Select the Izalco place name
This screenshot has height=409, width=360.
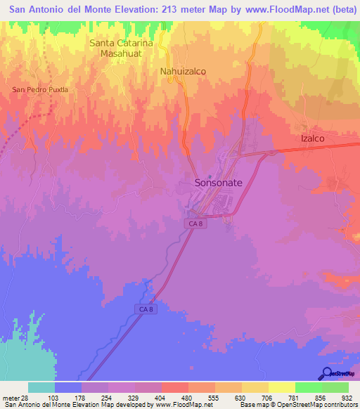tap(311, 138)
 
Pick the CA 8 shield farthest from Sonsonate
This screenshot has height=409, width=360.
tap(144, 309)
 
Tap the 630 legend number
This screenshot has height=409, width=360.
tap(241, 398)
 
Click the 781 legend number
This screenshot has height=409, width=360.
tap(295, 398)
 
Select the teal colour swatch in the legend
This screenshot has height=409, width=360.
tap(41, 387)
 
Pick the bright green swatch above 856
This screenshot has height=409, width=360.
tap(308, 387)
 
